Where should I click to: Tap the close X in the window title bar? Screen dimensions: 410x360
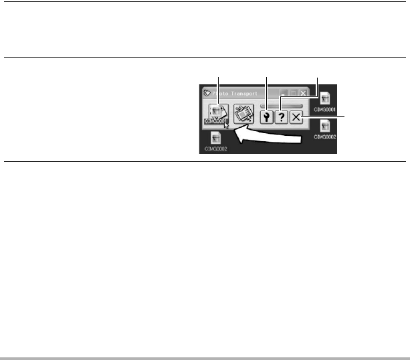305,94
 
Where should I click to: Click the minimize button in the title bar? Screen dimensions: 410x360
285,94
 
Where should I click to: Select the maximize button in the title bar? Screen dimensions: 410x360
295,94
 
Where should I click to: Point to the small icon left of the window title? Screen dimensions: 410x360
207,94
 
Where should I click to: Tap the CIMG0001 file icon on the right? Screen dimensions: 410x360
325,98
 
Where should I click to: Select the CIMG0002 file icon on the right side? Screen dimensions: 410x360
325,126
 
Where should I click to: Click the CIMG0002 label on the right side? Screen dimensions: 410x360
325,137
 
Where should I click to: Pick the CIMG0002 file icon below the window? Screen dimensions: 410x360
215,139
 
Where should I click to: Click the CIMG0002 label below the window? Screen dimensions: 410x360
215,149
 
